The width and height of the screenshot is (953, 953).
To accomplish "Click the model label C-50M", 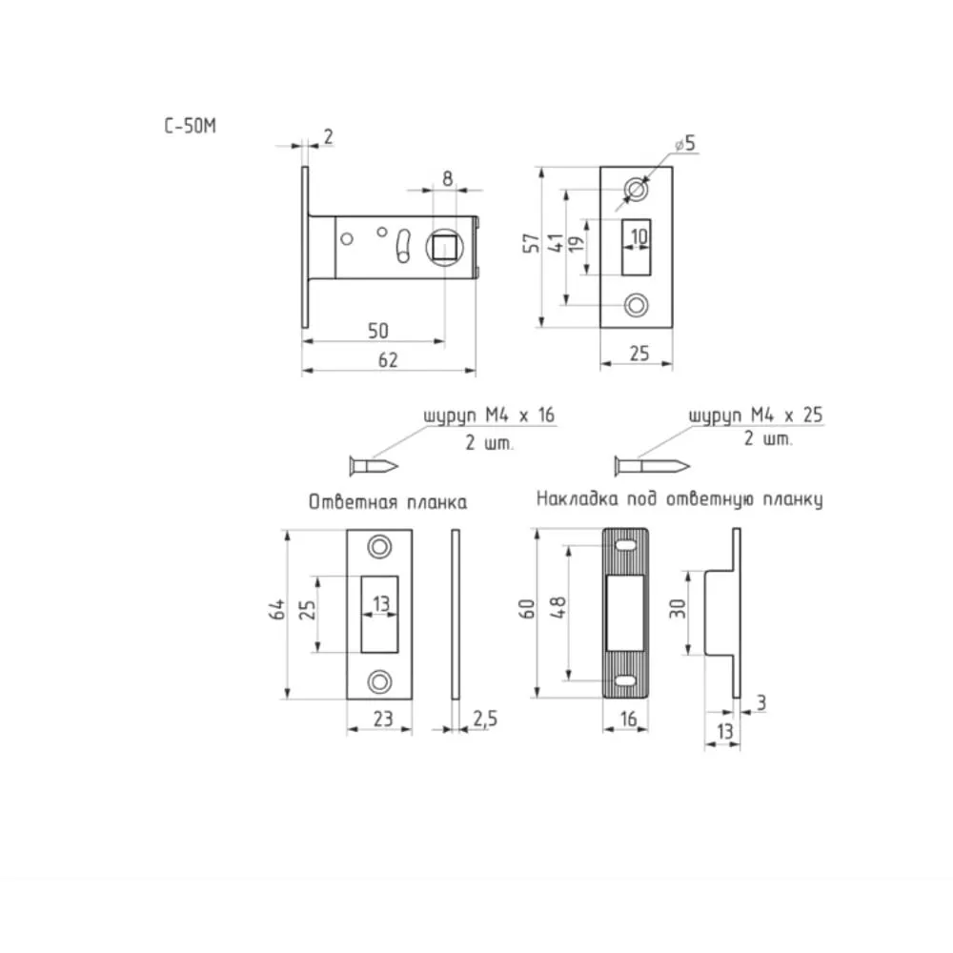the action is [191, 126].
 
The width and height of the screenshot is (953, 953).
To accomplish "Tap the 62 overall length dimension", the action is [388, 360].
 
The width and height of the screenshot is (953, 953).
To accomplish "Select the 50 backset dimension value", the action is [377, 331].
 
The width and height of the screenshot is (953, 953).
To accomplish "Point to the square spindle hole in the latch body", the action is [445, 248].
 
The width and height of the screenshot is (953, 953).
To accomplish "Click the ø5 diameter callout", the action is [685, 144].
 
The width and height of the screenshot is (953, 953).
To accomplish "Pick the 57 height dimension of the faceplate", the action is [532, 243].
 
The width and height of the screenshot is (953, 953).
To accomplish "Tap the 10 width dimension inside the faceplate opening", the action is [639, 235].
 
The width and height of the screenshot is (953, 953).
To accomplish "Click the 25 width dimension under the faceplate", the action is [639, 354].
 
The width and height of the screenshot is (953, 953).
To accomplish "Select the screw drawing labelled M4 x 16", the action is [374, 466].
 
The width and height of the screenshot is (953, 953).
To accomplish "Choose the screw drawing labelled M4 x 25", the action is [652, 466].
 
